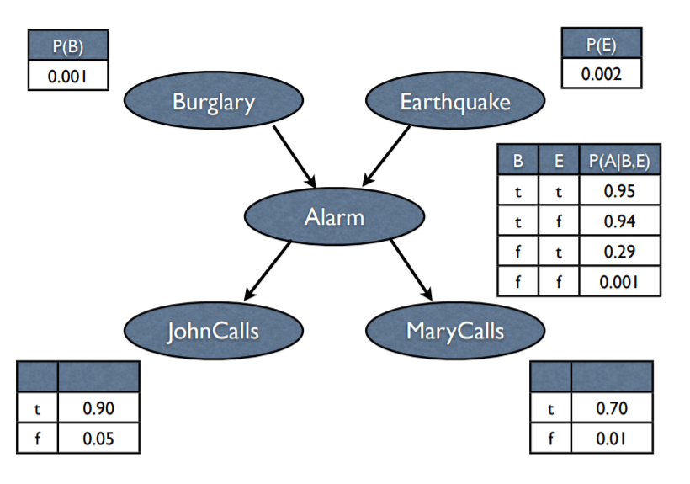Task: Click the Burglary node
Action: coord(213,103)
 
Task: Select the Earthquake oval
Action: coord(454,103)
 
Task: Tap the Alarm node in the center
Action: coord(333,217)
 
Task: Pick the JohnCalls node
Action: coord(213,330)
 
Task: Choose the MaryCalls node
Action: coord(454,330)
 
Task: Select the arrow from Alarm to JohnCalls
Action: coord(268,270)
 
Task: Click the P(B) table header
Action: coord(68,45)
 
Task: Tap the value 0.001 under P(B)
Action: coord(68,77)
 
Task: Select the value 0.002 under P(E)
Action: coord(602,73)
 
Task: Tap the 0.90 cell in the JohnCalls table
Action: coord(98,408)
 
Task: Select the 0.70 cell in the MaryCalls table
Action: coord(612,408)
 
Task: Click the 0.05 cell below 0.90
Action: coord(98,439)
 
